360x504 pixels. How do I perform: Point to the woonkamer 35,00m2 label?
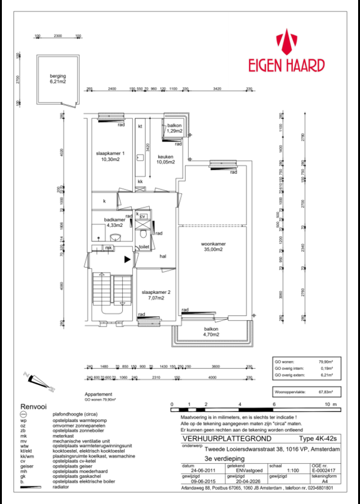click(x=213, y=246)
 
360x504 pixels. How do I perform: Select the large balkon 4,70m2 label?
click(x=211, y=332)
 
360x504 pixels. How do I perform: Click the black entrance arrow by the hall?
click(x=127, y=259)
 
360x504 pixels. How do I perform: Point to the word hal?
click(x=162, y=256)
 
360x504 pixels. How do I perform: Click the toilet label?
click(x=144, y=247)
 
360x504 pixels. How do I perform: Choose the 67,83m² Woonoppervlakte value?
click(x=326, y=391)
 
